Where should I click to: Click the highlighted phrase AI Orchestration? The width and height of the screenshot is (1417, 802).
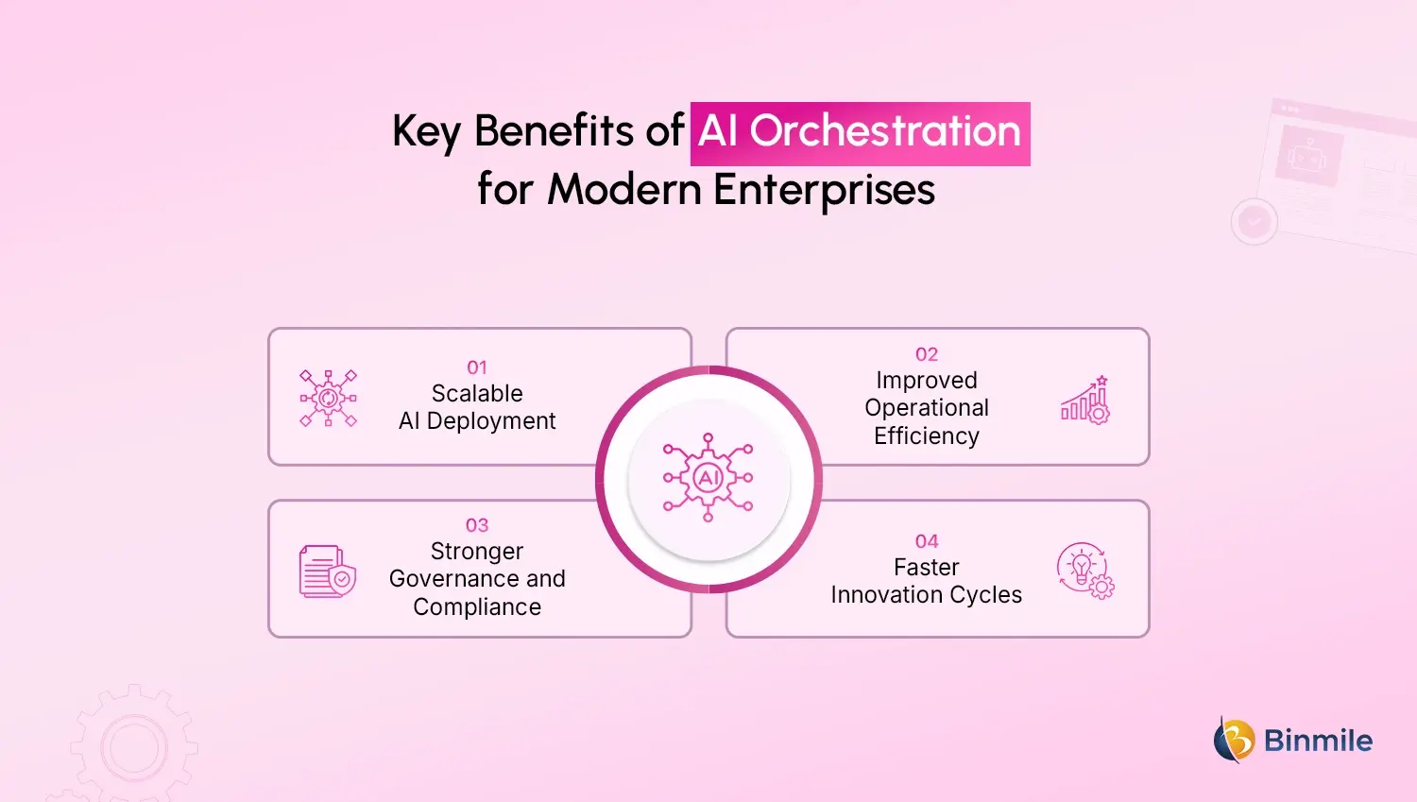click(x=860, y=132)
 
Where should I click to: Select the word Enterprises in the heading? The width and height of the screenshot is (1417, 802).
click(x=824, y=190)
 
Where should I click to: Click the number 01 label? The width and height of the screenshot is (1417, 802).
click(x=477, y=367)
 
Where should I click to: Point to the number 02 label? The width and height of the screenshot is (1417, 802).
click(x=927, y=354)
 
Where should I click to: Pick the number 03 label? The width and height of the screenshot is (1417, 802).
click(x=477, y=525)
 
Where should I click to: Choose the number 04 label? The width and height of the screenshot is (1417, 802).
click(x=927, y=541)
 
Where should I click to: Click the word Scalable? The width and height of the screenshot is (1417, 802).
click(x=477, y=393)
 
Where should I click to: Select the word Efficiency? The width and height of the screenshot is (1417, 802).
click(x=927, y=435)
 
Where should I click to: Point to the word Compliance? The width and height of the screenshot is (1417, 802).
click(x=477, y=606)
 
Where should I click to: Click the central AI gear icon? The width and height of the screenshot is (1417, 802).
click(x=708, y=478)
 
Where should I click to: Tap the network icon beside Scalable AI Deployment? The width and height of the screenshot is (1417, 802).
click(x=328, y=399)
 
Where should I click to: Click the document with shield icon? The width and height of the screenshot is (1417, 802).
click(x=327, y=572)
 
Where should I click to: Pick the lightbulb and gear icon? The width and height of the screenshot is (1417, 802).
click(x=1084, y=571)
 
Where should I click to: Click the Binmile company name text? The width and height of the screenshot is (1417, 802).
click(x=1318, y=741)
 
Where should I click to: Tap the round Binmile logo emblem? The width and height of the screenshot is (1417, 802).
click(x=1234, y=740)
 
